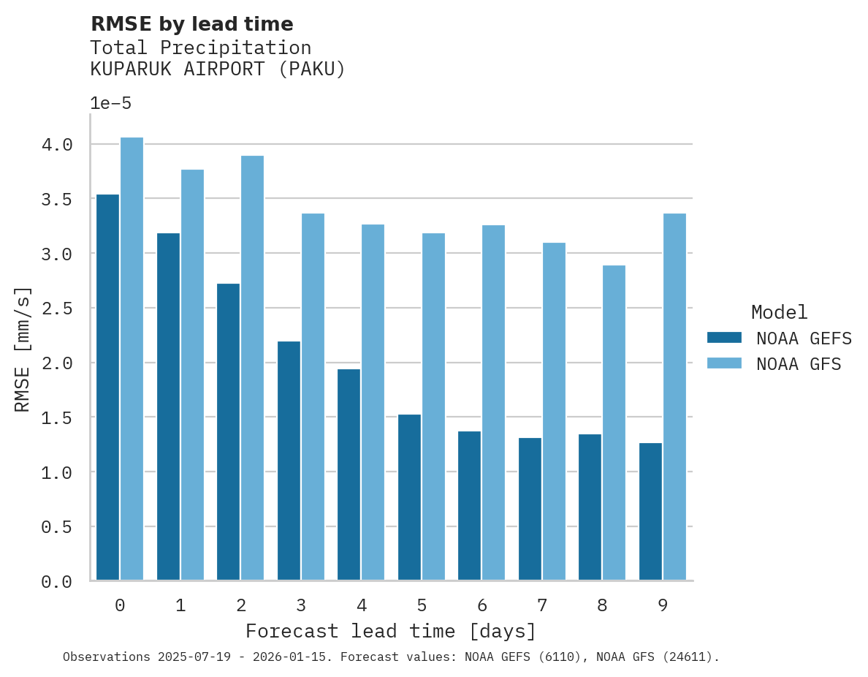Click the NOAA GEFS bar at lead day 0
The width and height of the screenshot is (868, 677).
pyautogui.click(x=107, y=387)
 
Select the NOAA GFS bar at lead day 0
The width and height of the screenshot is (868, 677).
pyautogui.click(x=132, y=359)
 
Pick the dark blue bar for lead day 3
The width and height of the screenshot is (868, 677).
pyautogui.click(x=289, y=461)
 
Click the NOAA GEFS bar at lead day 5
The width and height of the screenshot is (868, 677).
pyautogui.click(x=409, y=497)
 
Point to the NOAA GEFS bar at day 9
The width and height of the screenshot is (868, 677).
pyautogui.click(x=650, y=511)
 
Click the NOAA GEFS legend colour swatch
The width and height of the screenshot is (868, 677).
pyautogui.click(x=724, y=338)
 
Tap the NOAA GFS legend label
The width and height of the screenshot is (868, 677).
pyautogui.click(x=799, y=364)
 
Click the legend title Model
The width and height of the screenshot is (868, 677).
pyautogui.click(x=779, y=313)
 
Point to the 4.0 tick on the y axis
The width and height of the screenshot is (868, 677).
pyautogui.click(x=57, y=145)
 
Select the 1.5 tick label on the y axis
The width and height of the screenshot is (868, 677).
pyautogui.click(x=57, y=417)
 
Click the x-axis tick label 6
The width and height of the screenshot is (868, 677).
pyautogui.click(x=481, y=605)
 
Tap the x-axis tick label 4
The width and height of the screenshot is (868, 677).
pyautogui.click(x=361, y=605)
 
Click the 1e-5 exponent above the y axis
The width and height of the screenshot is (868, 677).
pyautogui.click(x=110, y=103)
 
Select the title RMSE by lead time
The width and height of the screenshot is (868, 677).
pyautogui.click(x=191, y=24)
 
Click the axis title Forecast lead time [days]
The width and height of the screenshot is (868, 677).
pyautogui.click(x=391, y=631)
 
